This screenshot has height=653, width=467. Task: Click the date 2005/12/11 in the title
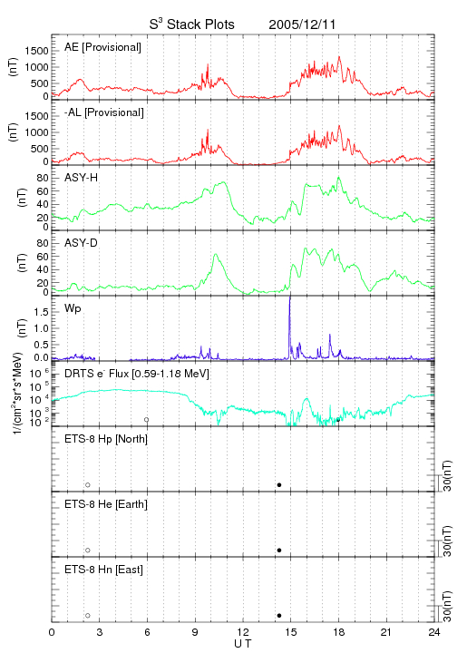(x=302, y=24)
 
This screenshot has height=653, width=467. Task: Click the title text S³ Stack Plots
(x=192, y=24)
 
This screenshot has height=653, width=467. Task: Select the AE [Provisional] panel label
(x=102, y=47)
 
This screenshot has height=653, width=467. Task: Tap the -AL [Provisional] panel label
(x=104, y=112)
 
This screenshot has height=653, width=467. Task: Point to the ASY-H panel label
(x=82, y=178)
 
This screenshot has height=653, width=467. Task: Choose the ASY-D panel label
(x=82, y=243)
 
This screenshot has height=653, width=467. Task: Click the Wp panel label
(x=73, y=309)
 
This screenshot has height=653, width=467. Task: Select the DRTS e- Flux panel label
(x=137, y=374)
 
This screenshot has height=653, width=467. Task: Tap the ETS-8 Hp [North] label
(x=106, y=439)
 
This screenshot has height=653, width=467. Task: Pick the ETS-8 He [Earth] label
(x=106, y=504)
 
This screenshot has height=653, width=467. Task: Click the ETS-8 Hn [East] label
(x=103, y=570)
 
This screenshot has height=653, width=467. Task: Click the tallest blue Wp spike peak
(x=289, y=297)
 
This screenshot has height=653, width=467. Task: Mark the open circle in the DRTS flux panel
(x=147, y=420)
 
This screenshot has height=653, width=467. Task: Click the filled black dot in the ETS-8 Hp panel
(x=279, y=484)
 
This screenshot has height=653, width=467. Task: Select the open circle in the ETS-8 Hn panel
(x=88, y=616)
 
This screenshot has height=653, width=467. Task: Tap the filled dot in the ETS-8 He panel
(x=279, y=551)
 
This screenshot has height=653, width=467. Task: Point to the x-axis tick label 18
(x=339, y=632)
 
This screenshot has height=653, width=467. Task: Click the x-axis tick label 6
(x=147, y=632)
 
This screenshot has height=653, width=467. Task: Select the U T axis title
(x=243, y=644)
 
